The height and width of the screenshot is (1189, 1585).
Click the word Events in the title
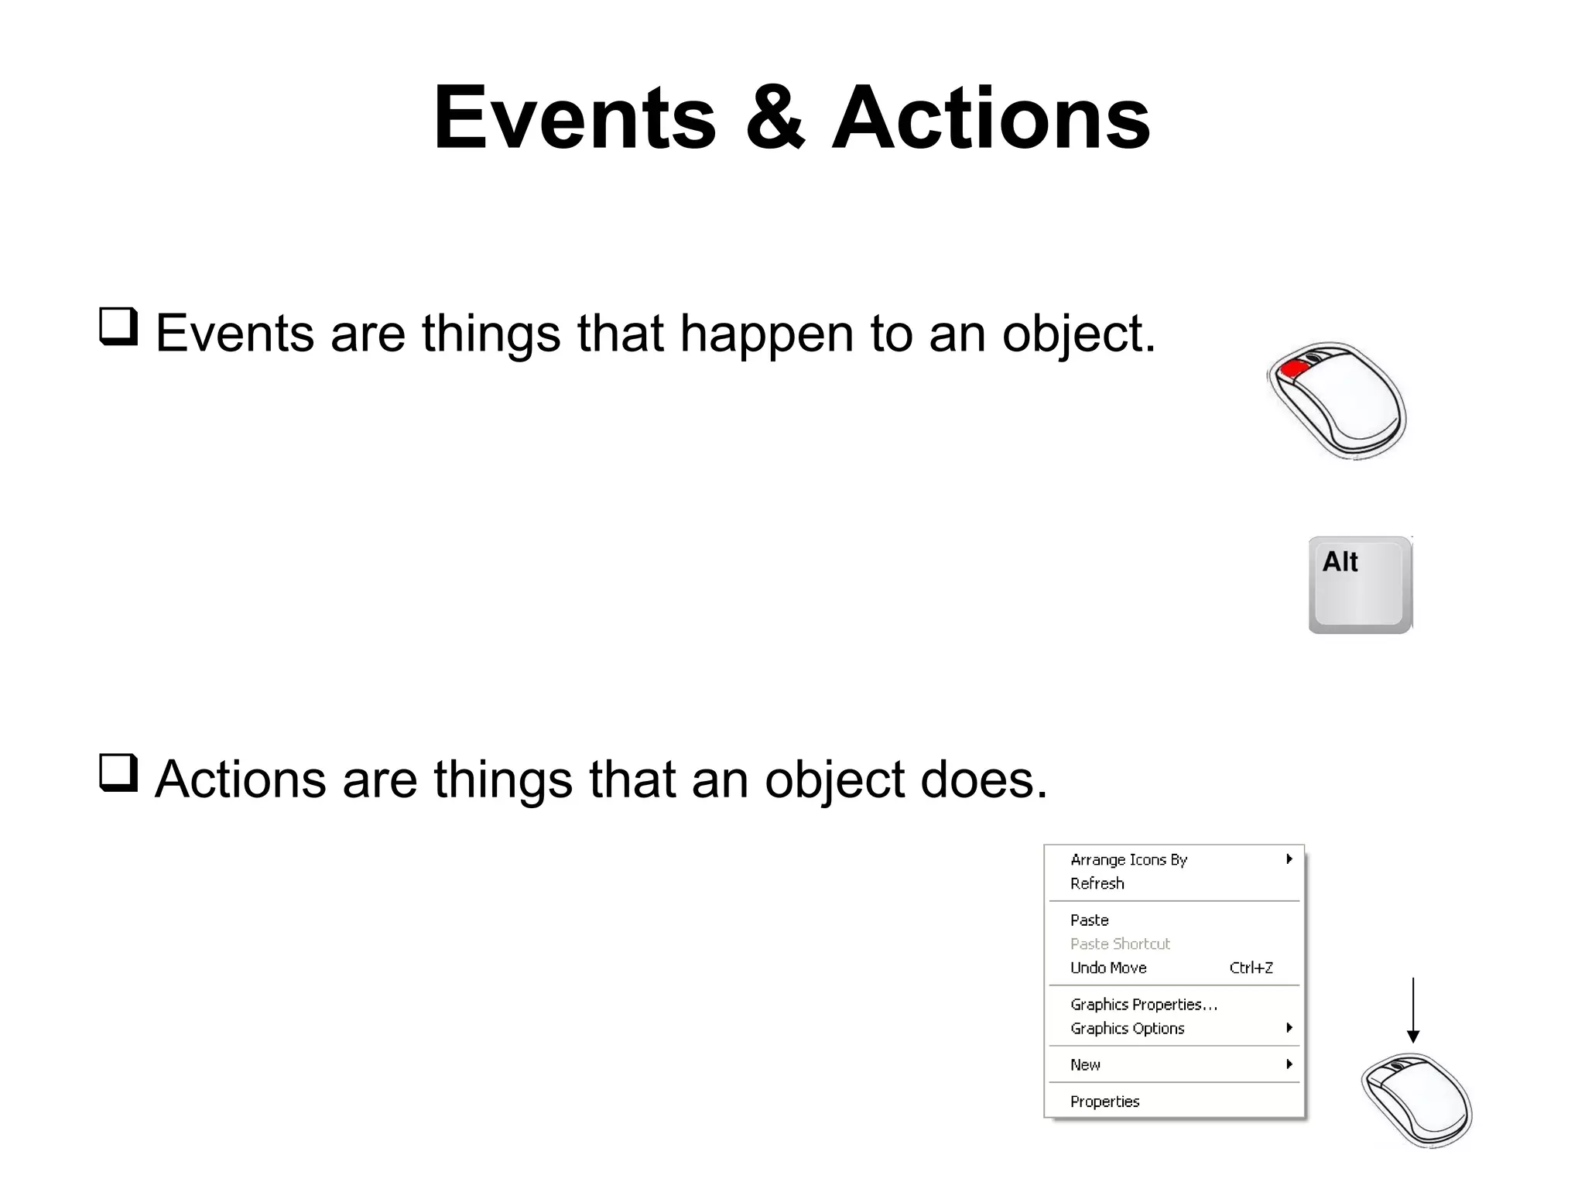click(575, 118)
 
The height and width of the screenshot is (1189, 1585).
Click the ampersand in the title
click(775, 118)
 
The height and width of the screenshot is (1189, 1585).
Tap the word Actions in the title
click(991, 118)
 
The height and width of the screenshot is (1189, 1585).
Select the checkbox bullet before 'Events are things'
click(118, 327)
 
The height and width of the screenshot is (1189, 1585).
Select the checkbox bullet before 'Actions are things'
click(118, 773)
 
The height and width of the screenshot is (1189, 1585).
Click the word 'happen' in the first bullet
click(767, 334)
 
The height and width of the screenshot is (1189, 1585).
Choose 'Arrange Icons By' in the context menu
click(1128, 860)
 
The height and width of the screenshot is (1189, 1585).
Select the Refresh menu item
click(1097, 883)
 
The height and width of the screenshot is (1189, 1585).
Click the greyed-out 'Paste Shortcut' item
click(1120, 944)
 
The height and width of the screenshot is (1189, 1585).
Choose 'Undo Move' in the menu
click(1108, 968)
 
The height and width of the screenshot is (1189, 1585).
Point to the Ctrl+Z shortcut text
click(1251, 968)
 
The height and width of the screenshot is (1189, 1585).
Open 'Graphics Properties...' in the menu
click(1143, 1005)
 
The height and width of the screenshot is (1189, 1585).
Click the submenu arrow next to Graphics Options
click(1289, 1028)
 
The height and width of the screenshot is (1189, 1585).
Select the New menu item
click(1085, 1065)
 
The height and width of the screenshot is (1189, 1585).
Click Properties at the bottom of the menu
click(1104, 1102)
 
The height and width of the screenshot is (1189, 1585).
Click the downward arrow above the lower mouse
click(1413, 1010)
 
